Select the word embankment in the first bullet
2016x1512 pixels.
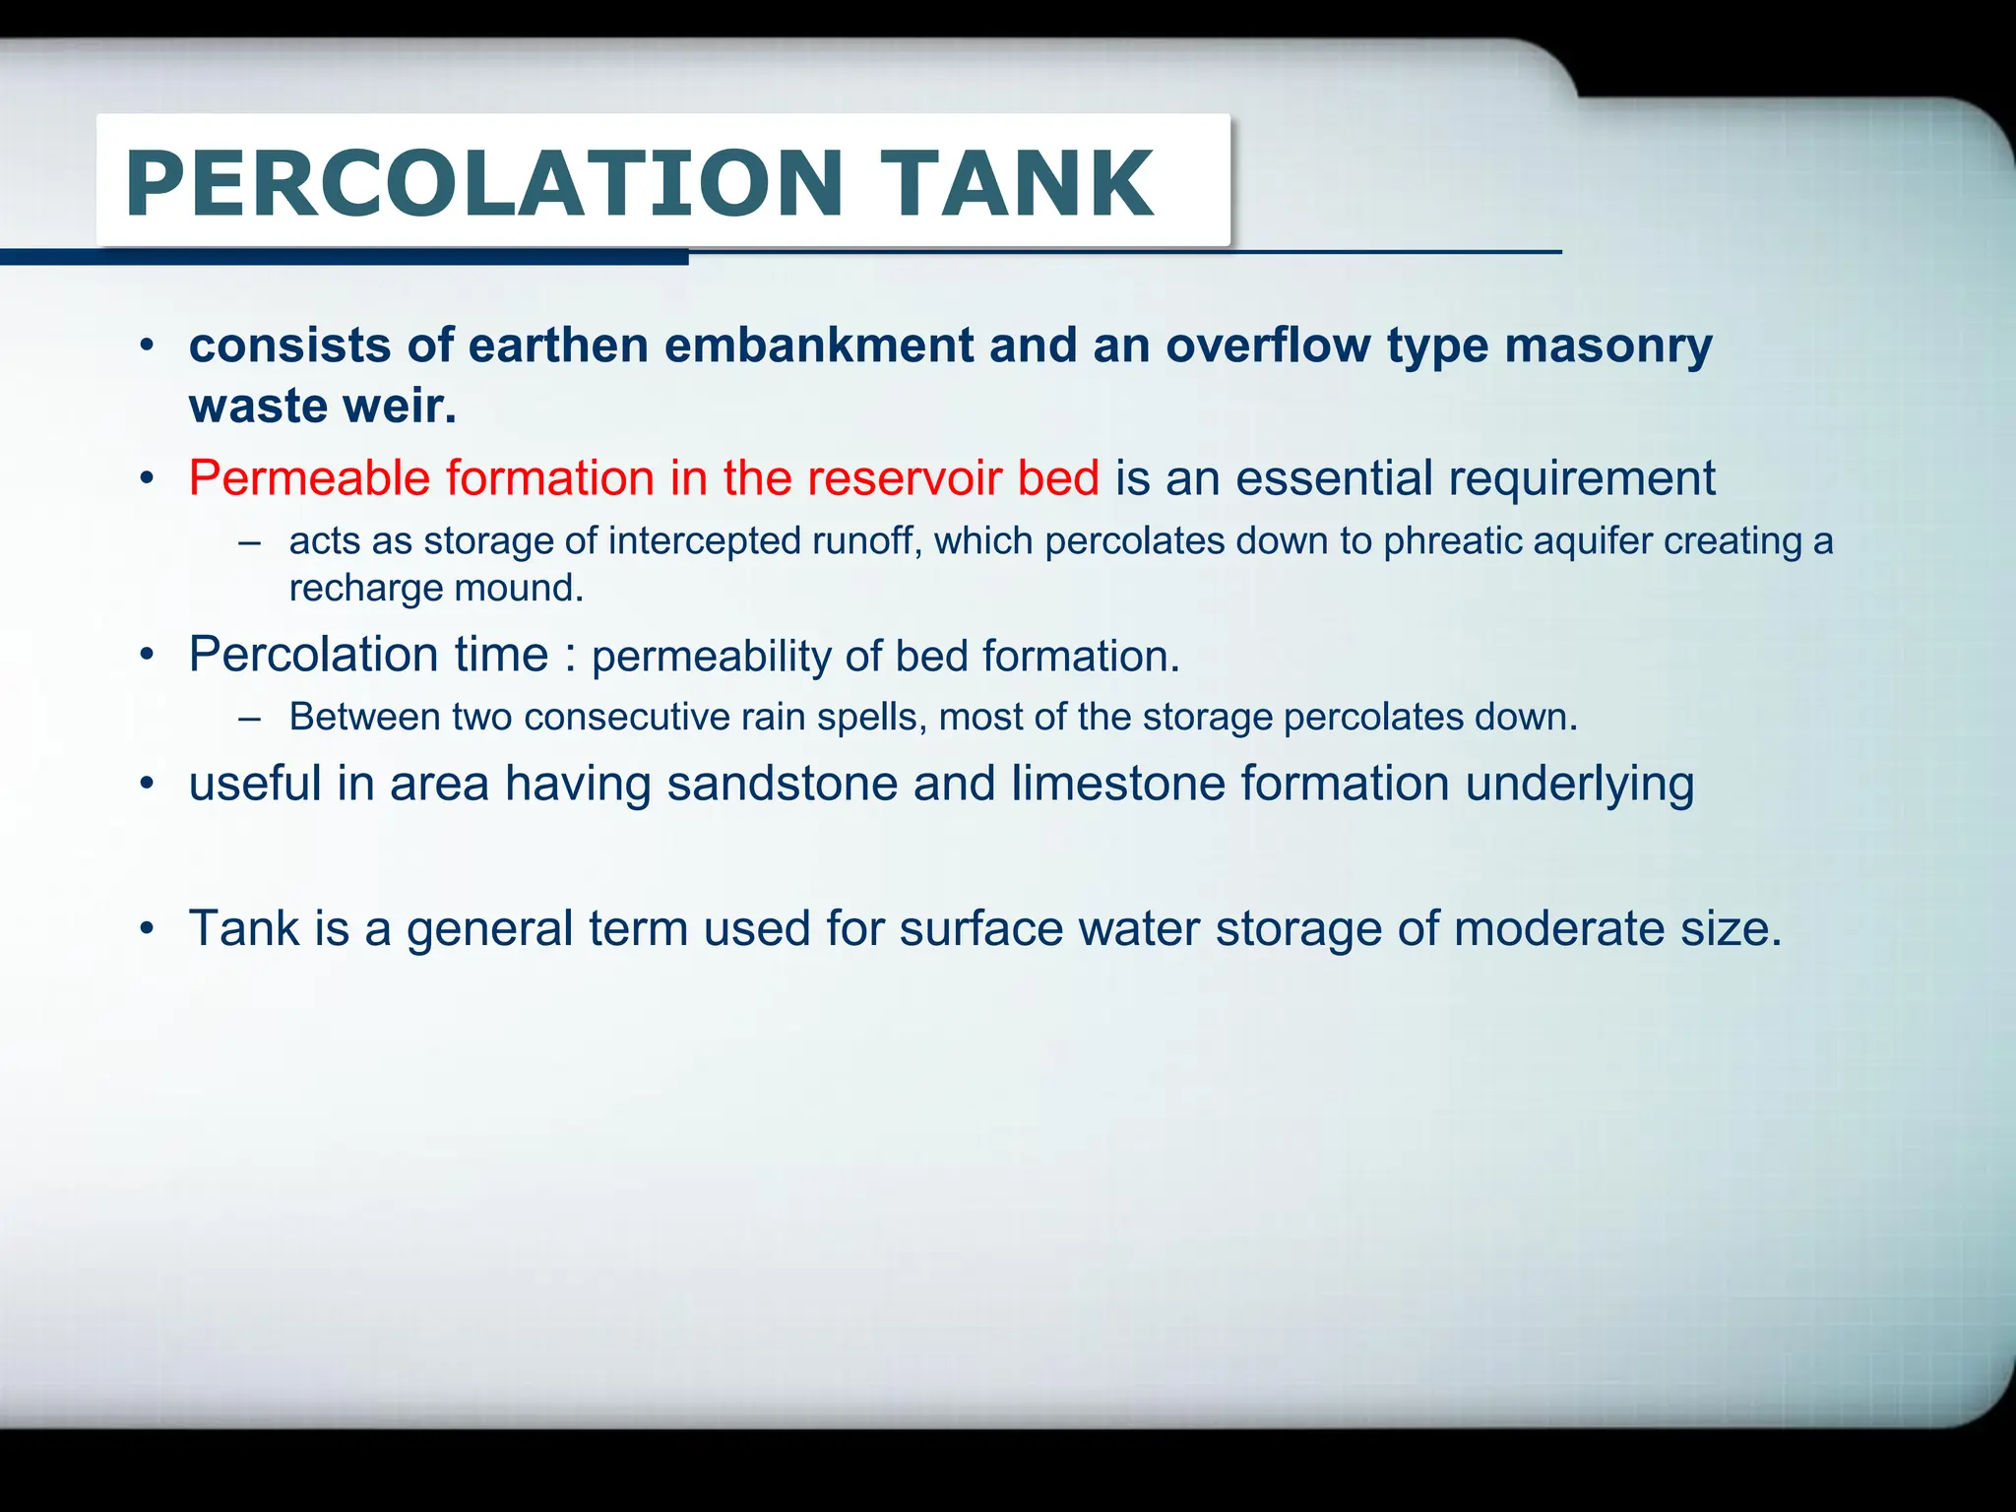(x=819, y=346)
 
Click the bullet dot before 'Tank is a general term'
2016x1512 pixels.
(x=148, y=928)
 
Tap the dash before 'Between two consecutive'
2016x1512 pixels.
(x=250, y=718)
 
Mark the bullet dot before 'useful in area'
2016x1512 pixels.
(x=148, y=785)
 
